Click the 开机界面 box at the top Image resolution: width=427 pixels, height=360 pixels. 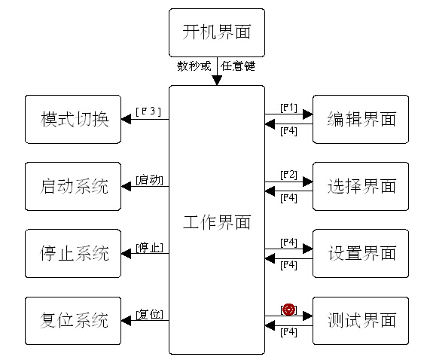(217, 32)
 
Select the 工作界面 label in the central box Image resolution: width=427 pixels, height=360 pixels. (217, 223)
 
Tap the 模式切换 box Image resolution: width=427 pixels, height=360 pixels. (73, 119)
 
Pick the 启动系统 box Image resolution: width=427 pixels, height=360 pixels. (73, 186)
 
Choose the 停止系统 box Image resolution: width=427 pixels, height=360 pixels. (73, 253)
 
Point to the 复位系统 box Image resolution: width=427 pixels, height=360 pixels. (73, 321)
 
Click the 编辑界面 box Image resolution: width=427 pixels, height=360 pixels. (361, 119)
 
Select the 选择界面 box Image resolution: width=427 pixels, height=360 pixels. (361, 186)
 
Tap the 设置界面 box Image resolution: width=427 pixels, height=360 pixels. (361, 253)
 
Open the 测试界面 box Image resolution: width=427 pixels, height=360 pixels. (361, 321)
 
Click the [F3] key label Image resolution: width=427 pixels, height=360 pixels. (149, 111)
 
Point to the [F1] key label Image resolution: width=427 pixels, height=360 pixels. (288, 107)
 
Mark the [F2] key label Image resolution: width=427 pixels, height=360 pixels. (288, 175)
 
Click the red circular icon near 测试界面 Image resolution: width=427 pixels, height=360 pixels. (288, 310)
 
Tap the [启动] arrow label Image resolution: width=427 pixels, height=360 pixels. (149, 179)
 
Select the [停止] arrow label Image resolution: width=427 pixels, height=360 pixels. (149, 247)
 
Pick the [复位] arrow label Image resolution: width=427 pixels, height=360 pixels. (149, 314)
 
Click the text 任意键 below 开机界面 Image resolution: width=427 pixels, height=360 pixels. (238, 66)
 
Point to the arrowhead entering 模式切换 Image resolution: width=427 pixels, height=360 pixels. (126, 119)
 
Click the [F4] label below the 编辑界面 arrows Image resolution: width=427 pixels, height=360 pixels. (288, 132)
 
